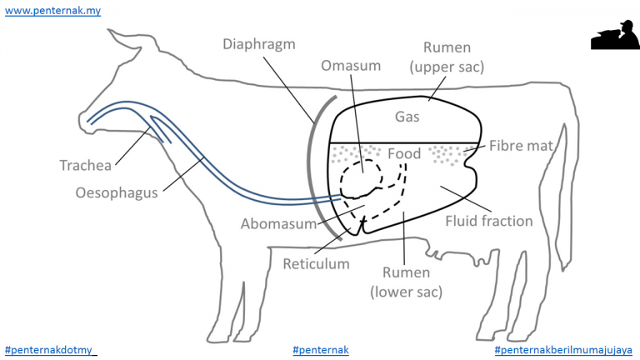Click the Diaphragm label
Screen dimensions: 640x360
click(259, 44)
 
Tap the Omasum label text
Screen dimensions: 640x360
click(351, 66)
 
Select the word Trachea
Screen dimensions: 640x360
click(85, 165)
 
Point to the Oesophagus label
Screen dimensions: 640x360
click(117, 192)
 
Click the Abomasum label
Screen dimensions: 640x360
click(279, 223)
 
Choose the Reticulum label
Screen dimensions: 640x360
click(317, 263)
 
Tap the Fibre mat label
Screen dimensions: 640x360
click(521, 146)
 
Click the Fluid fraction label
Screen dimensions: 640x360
click(489, 221)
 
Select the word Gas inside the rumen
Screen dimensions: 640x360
click(407, 117)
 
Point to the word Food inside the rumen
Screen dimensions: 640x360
click(404, 153)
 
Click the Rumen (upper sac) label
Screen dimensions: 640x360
click(447, 57)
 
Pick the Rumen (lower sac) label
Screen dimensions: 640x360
click(406, 282)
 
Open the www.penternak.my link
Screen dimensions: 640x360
click(52, 11)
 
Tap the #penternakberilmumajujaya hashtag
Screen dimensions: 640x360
click(563, 350)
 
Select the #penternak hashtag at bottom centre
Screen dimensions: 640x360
click(321, 350)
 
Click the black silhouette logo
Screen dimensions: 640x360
click(615, 35)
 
